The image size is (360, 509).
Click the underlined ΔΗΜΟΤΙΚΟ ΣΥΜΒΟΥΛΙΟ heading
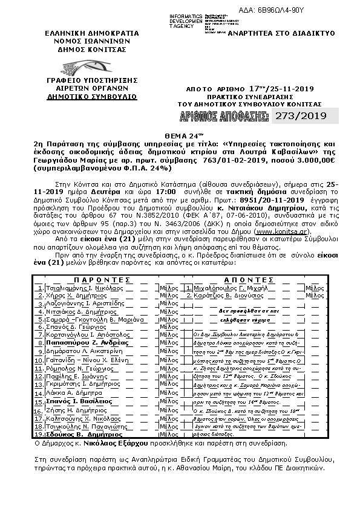pyautogui.click(x=82, y=96)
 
